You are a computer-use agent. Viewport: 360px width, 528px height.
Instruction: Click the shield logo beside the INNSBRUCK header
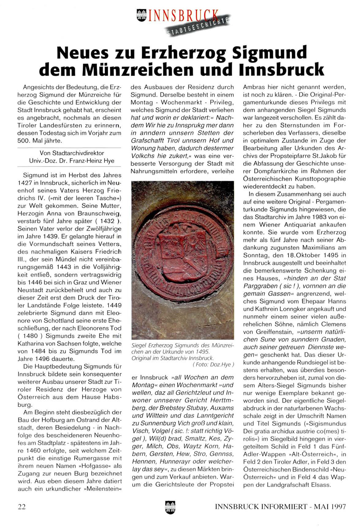pyautogui.click(x=142, y=15)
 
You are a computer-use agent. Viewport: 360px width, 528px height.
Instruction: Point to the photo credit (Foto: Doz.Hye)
pyautogui.click(x=213, y=365)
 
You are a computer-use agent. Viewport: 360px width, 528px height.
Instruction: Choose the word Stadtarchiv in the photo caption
pyautogui.click(x=174, y=358)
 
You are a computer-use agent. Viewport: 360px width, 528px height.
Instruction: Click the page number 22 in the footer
pyautogui.click(x=22, y=507)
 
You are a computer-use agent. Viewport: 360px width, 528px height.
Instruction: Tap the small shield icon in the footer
pyautogui.click(x=170, y=507)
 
